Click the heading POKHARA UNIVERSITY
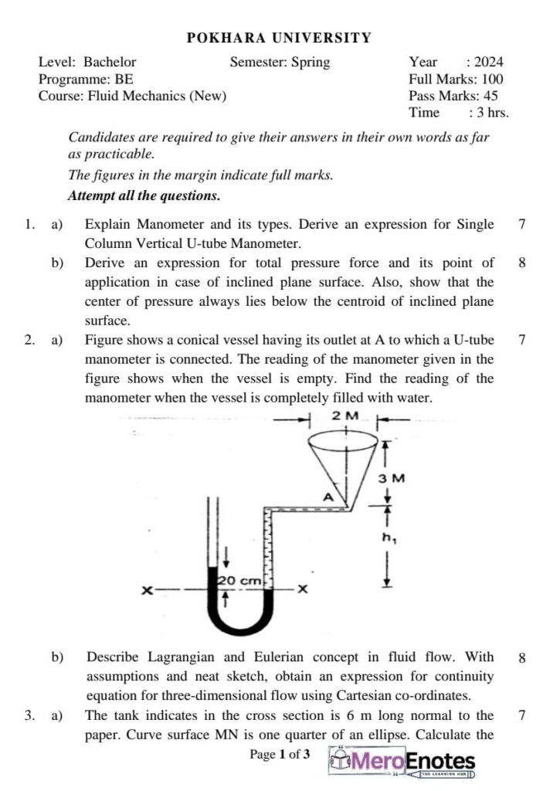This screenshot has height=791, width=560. [x=280, y=37]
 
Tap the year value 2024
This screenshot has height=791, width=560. [x=488, y=62]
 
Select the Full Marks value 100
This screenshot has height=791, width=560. [x=492, y=79]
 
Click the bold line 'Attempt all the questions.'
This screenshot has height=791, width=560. [x=144, y=195]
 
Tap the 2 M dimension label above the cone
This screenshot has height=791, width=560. [x=345, y=416]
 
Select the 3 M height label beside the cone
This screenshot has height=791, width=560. [x=392, y=478]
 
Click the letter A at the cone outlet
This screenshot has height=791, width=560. [x=328, y=497]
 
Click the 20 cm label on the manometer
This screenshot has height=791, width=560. [x=240, y=580]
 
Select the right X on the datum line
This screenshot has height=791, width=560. [x=303, y=590]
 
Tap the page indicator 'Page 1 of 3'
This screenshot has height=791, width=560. [x=280, y=754]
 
